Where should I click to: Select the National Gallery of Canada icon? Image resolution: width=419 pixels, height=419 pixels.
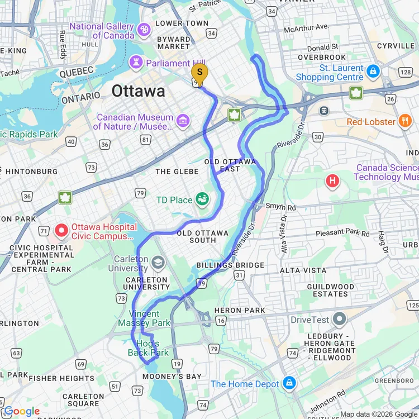(144, 30)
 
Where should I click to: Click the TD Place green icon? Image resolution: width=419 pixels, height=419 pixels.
(202, 199)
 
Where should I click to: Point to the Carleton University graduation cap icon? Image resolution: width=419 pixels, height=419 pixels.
(158, 262)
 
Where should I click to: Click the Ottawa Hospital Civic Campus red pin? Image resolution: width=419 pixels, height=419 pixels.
(61, 230)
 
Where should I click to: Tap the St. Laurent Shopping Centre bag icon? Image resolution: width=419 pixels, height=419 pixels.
(373, 71)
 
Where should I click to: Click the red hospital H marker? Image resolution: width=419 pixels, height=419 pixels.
(333, 181)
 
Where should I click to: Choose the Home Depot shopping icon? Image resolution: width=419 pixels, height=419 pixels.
(289, 383)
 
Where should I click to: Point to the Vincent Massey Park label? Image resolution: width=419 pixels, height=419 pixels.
(145, 318)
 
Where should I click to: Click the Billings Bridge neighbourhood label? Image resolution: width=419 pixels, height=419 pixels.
(230, 265)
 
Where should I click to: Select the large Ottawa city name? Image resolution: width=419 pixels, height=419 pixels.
(138, 91)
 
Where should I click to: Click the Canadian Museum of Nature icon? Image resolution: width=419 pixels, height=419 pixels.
(183, 120)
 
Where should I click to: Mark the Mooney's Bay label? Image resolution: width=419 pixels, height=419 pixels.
(172, 377)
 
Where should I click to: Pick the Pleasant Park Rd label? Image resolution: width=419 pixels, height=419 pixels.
(342, 233)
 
